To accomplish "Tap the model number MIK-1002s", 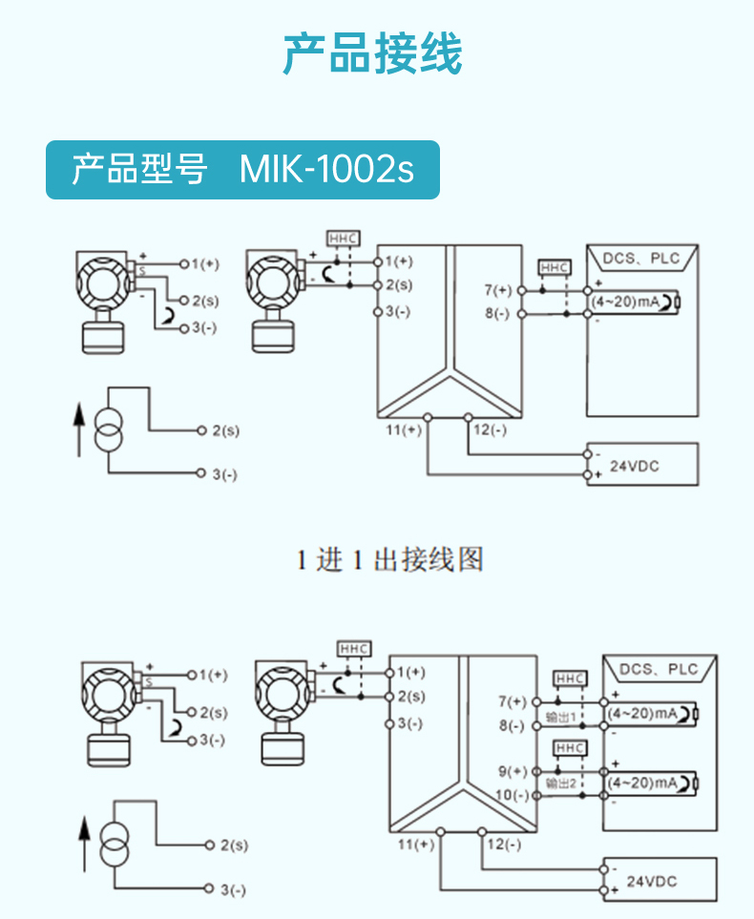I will (326, 171).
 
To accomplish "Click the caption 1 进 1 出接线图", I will (388, 559).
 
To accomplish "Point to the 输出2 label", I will (560, 783).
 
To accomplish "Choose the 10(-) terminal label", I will (513, 795).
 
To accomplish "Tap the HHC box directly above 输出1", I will (570, 679).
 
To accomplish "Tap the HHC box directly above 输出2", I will (570, 747).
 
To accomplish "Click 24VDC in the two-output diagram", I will (651, 881).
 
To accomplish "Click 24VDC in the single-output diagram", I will (635, 466).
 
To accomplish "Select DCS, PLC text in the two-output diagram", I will (659, 670).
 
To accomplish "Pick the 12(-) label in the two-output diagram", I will (504, 844).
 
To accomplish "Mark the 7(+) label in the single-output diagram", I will (498, 289).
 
